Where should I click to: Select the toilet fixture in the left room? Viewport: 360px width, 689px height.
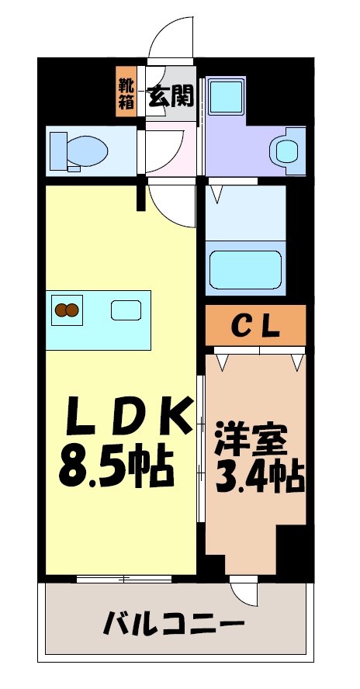[77, 150]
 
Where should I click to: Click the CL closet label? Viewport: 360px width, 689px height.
[255, 327]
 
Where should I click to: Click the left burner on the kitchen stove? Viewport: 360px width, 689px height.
[60, 311]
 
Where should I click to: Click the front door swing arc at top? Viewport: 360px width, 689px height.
[168, 39]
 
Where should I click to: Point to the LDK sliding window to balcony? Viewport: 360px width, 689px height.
[123, 579]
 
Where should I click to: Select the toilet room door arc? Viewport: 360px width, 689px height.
[165, 148]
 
